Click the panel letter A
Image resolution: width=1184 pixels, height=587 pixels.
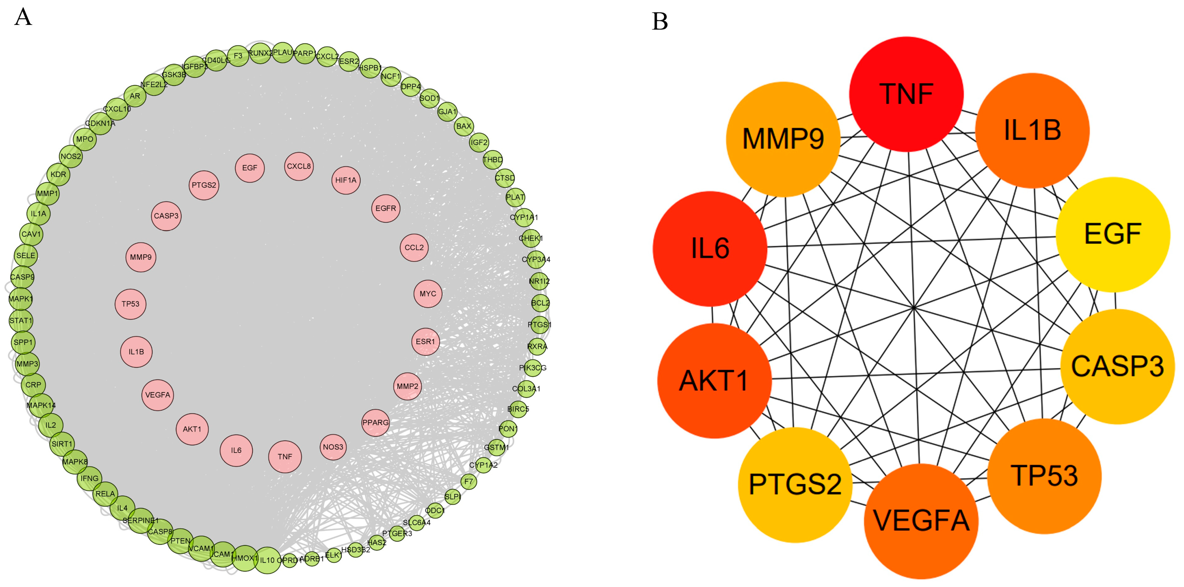click(23, 17)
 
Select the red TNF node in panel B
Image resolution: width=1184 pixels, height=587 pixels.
click(906, 94)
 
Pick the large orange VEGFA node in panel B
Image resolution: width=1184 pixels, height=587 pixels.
click(921, 521)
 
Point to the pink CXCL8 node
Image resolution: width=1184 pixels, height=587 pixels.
click(299, 166)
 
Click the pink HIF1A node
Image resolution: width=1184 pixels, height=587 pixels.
click(346, 180)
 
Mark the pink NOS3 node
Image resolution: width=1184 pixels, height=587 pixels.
click(333, 447)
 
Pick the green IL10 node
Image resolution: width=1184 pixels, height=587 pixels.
click(267, 560)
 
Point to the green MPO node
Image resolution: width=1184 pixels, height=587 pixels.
click(85, 139)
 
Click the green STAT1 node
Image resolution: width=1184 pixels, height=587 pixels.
click(21, 320)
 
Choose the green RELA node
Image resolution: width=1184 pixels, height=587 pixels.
click(105, 494)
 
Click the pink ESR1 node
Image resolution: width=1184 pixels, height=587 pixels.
click(425, 341)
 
